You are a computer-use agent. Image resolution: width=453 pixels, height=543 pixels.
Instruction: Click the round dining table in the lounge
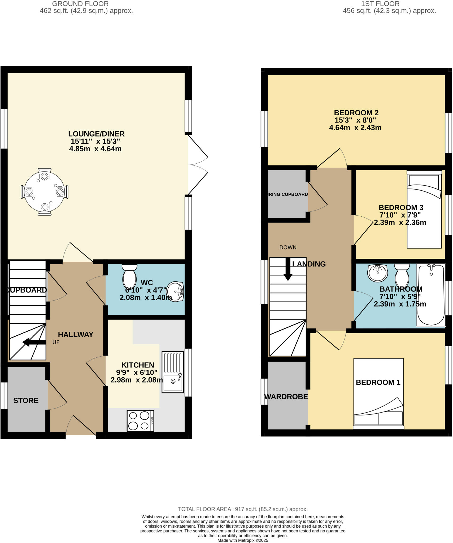tap(44, 191)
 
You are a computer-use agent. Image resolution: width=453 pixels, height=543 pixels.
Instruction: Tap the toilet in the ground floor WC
tap(129, 276)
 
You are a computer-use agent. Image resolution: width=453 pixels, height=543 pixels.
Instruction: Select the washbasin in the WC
tap(176, 291)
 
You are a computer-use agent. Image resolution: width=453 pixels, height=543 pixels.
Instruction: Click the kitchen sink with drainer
tap(173, 372)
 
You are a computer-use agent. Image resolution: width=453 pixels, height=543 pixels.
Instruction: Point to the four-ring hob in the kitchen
tap(141, 421)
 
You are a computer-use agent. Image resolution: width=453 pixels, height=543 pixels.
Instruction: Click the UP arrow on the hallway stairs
tap(34, 342)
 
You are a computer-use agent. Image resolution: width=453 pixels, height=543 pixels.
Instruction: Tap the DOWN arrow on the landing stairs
tap(288, 269)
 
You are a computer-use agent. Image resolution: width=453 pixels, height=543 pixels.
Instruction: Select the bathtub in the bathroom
tap(431, 294)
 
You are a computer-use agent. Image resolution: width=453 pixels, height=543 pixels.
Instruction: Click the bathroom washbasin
tap(378, 273)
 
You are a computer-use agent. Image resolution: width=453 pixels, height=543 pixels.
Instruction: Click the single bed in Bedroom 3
tap(424, 209)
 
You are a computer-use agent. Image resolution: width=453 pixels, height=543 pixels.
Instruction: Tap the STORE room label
tap(26, 400)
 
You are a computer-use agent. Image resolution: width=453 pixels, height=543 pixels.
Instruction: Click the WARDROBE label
tap(286, 397)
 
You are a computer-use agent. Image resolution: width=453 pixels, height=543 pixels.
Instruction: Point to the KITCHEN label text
tap(138, 365)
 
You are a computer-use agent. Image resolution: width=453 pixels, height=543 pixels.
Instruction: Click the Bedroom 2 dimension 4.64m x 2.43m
tap(355, 128)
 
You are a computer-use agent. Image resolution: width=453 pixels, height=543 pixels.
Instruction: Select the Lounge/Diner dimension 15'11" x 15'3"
tap(95, 141)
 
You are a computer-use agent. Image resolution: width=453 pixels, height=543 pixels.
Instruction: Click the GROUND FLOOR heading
tap(80, 4)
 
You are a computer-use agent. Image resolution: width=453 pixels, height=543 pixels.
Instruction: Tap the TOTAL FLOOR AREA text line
tap(243, 509)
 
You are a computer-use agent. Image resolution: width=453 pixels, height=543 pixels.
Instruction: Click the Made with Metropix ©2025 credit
tap(243, 540)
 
